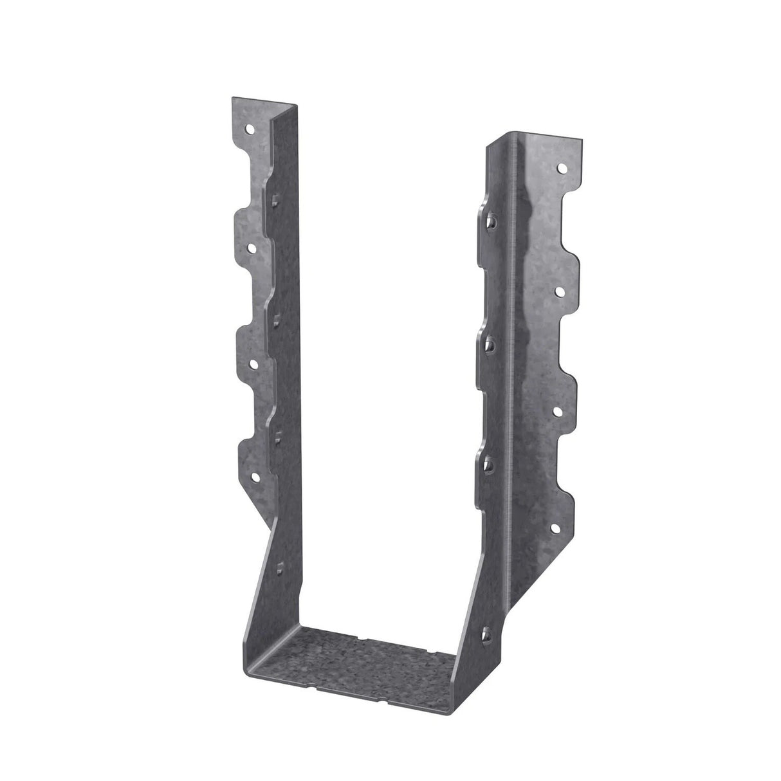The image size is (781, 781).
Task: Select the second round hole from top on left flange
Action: [250, 246]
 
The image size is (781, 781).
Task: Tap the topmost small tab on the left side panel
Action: [275, 198]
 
